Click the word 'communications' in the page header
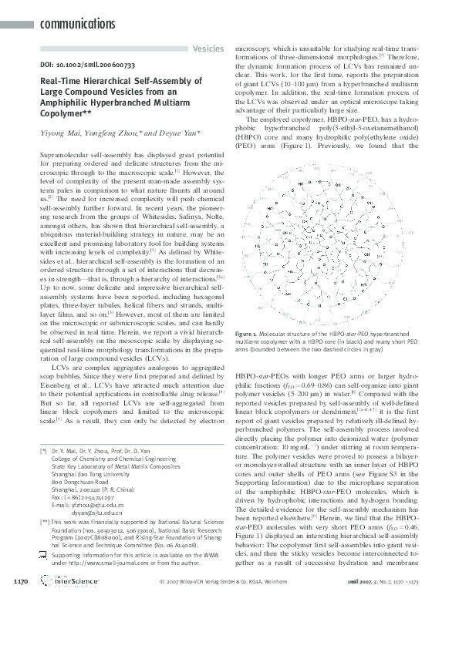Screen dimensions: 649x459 pyautogui.click(x=76, y=25)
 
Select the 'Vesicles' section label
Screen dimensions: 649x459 pyautogui.click(x=208, y=49)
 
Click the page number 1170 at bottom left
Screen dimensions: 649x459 pyautogui.click(x=22, y=622)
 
